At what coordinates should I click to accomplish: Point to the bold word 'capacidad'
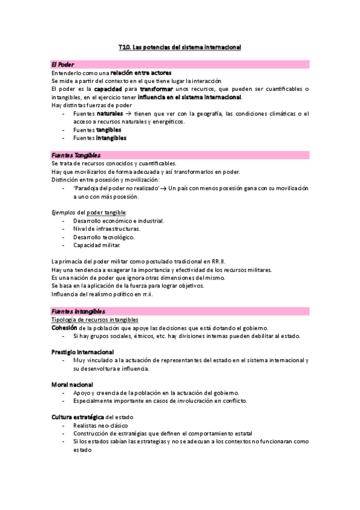[x=106, y=89]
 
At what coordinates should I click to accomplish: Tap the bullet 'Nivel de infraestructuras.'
[x=106, y=229]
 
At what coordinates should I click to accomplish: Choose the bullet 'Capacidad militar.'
[x=96, y=245]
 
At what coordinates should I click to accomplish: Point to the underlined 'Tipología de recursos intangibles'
[x=95, y=320]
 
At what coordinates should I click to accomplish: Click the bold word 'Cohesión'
[x=64, y=328]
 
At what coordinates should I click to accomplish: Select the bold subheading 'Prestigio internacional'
[x=82, y=352]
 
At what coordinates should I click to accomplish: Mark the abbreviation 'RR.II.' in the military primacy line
[x=218, y=262]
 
